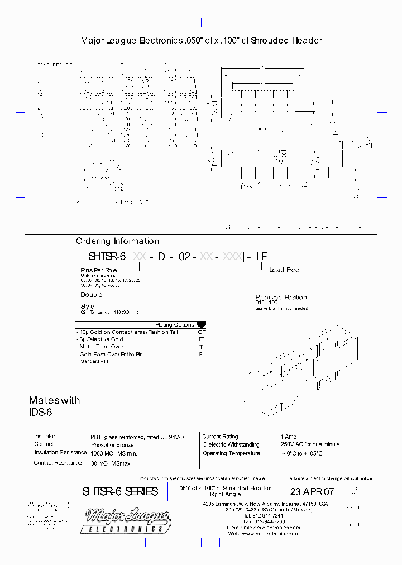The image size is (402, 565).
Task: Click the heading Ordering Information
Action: pyautogui.click(x=117, y=241)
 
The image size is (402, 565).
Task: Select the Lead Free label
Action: pyautogui.click(x=284, y=270)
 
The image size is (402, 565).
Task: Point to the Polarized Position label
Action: pyautogui.click(x=281, y=297)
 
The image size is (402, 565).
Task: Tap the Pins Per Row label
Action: pyautogui.click(x=99, y=270)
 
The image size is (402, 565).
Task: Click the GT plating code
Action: pyautogui.click(x=202, y=332)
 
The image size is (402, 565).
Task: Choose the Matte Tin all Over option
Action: pyautogui.click(x=101, y=347)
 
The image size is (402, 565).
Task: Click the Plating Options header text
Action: pyautogui.click(x=174, y=324)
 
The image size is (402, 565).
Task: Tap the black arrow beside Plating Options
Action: pyautogui.click(x=201, y=324)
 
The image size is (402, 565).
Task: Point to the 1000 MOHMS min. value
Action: pyautogui.click(x=114, y=453)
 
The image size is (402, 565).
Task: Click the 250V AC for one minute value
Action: pyautogui.click(x=309, y=444)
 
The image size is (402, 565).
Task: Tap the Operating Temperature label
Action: pyautogui.click(x=231, y=453)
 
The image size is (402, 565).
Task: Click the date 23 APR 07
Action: pyautogui.click(x=312, y=492)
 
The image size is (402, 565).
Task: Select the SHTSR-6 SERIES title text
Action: pyautogui.click(x=120, y=492)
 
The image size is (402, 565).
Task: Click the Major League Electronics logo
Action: pyautogui.click(x=125, y=520)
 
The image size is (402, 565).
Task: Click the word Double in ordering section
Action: pyautogui.click(x=92, y=294)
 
